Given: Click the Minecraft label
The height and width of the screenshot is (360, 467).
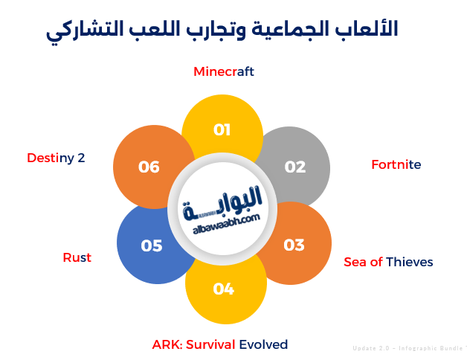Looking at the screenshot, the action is (224, 71).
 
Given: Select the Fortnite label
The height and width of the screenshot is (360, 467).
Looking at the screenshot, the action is (396, 164).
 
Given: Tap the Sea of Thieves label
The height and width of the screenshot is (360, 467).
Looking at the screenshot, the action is (388, 262).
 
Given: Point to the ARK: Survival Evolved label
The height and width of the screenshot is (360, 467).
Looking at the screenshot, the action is (220, 344).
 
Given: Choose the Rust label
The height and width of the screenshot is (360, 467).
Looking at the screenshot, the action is (77, 257).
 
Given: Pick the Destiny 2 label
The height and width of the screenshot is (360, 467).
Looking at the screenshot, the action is (56, 158).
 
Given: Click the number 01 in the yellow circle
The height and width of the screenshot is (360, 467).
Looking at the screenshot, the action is (222, 130).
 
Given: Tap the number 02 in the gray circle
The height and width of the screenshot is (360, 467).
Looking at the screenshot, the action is (295, 167).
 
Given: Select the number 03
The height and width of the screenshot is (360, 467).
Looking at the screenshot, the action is (294, 245).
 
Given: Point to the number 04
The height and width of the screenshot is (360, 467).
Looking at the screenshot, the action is (224, 289).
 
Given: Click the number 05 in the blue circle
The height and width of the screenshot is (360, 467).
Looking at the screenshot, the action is (152, 246).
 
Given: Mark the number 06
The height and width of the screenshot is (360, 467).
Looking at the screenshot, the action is (149, 167).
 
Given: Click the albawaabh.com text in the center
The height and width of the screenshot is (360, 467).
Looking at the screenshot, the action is (226, 224).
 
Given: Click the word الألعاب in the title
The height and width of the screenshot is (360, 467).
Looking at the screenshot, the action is (367, 29).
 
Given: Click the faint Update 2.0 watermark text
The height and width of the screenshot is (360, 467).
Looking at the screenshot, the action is (409, 348).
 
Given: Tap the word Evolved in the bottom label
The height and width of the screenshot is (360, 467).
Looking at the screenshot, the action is (263, 344).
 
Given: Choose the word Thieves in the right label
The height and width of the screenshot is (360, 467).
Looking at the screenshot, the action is (410, 262).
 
